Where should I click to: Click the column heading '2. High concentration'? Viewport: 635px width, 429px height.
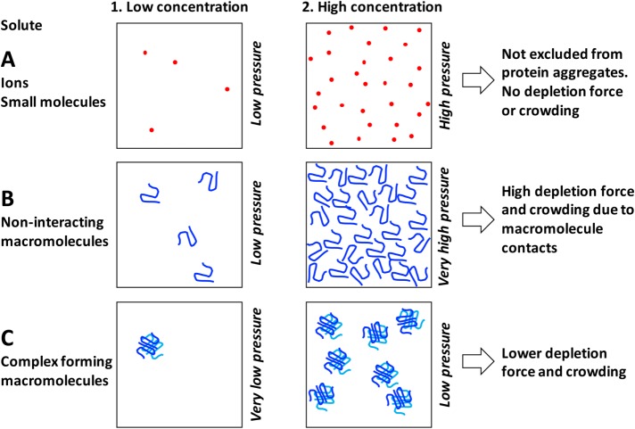[x=367, y=8]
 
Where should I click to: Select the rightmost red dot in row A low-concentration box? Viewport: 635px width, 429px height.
[x=227, y=89]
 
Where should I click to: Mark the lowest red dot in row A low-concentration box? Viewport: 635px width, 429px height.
[x=152, y=130]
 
